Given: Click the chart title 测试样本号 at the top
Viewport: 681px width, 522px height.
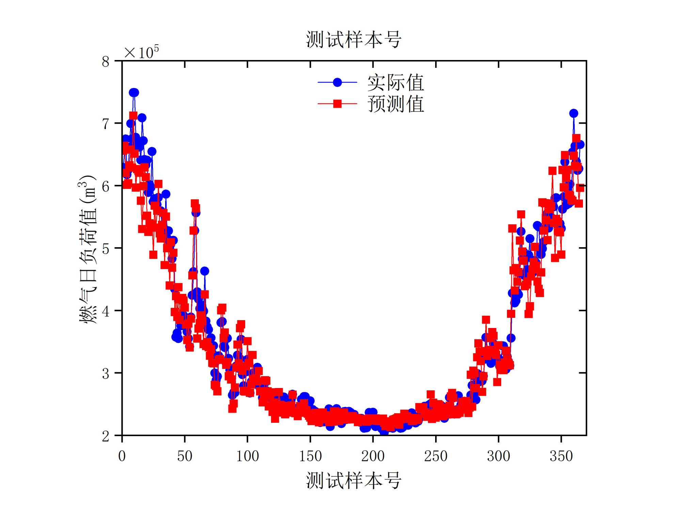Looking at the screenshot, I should [x=353, y=40].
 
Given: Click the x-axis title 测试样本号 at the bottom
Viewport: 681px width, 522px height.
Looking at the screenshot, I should [x=353, y=480].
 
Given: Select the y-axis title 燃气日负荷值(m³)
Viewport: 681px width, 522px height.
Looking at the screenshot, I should [x=88, y=249].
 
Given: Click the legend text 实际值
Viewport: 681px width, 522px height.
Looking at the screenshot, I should [x=395, y=83].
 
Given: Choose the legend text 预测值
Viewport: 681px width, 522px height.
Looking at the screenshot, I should [x=395, y=104].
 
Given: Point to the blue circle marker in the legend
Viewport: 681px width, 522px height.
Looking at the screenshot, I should [x=337, y=82].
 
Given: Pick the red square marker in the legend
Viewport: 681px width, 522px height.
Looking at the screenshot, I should [x=337, y=104].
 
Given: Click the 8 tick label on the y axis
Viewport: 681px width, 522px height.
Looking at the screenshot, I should [x=106, y=62].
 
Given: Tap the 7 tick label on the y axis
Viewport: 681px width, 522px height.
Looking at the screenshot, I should [x=106, y=124].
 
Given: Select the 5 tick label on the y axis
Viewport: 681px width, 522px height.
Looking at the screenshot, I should [x=106, y=249].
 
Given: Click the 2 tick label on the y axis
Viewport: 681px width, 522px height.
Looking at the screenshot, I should [x=106, y=436].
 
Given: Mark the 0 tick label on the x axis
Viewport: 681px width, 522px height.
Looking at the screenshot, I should [x=122, y=456].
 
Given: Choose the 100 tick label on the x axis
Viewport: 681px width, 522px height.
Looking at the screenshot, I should [x=248, y=456].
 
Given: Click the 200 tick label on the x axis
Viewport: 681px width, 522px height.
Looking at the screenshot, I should [x=373, y=456].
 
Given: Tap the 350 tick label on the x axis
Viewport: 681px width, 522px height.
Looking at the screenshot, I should [x=561, y=456].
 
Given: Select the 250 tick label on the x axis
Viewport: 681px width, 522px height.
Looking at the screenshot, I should [x=435, y=456].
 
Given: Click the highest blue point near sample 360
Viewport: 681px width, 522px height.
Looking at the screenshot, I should [x=574, y=113].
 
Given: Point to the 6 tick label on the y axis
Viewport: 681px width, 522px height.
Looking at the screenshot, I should [x=106, y=186].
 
